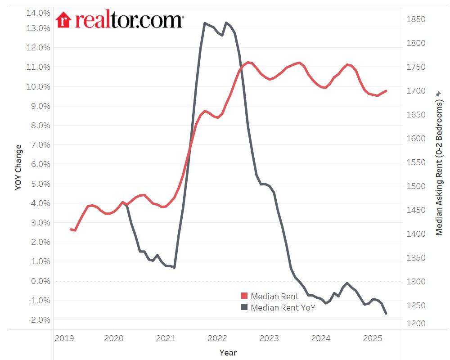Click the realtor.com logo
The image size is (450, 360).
[x=119, y=20]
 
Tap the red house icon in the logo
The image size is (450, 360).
[x=63, y=20]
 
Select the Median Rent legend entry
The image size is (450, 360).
[x=274, y=296]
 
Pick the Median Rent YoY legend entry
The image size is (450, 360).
[x=283, y=308]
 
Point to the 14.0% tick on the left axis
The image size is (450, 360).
[x=39, y=13]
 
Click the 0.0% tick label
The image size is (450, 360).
[x=40, y=281]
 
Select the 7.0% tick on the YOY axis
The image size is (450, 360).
[x=40, y=145]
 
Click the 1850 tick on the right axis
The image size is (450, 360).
[x=416, y=19]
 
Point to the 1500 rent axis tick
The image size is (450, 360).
[x=416, y=186]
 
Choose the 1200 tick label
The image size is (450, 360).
[x=416, y=324]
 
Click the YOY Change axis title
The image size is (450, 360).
[x=18, y=167]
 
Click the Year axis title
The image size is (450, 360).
[x=228, y=352]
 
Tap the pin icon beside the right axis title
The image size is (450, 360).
[x=439, y=94]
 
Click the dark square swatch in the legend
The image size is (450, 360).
[x=244, y=307]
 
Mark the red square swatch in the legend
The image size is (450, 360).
[x=244, y=296]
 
